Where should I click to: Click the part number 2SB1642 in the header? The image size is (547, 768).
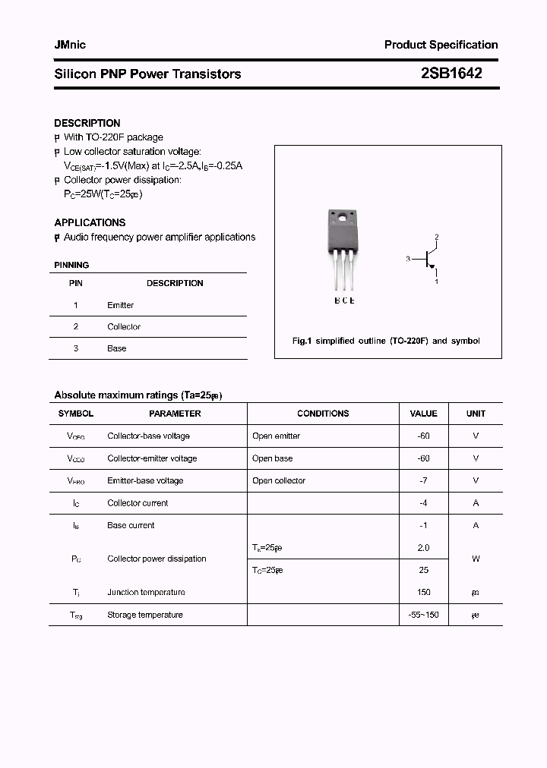451,73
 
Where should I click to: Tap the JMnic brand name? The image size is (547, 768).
70,45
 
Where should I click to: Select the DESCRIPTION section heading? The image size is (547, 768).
87,123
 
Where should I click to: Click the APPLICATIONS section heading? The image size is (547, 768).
90,222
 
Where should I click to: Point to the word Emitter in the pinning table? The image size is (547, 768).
120,305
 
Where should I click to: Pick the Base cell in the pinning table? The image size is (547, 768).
117,348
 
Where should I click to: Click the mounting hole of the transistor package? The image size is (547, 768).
343,219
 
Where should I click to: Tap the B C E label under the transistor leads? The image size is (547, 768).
344,301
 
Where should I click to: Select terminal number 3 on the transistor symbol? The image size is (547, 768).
408,259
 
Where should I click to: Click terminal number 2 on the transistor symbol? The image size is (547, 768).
437,238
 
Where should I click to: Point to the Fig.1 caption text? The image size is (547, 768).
386,341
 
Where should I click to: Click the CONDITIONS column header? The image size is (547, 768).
323,414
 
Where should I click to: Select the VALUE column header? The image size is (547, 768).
423,414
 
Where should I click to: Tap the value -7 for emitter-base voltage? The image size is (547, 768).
423,480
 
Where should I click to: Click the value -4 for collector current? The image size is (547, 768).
423,502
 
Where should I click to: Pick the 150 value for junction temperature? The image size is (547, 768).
423,592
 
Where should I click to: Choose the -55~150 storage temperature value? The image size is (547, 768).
423,615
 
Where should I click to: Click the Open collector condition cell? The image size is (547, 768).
279,480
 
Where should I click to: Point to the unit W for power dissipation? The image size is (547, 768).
476,559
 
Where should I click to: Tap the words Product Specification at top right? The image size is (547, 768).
441,45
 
